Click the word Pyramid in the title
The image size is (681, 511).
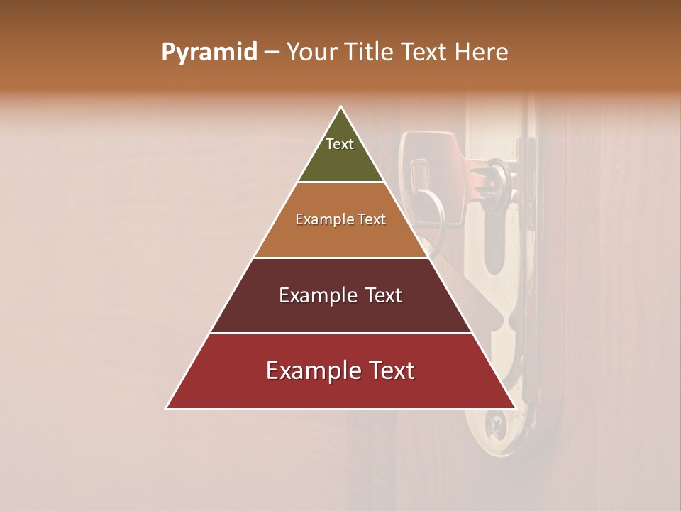[x=209, y=53]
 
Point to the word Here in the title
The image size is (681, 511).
[x=482, y=53]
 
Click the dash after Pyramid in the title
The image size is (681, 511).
[x=271, y=53]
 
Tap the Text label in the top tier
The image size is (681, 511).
[x=340, y=144]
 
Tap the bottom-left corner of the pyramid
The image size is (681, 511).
[x=167, y=408]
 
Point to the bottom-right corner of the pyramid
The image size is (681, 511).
[x=515, y=408]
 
